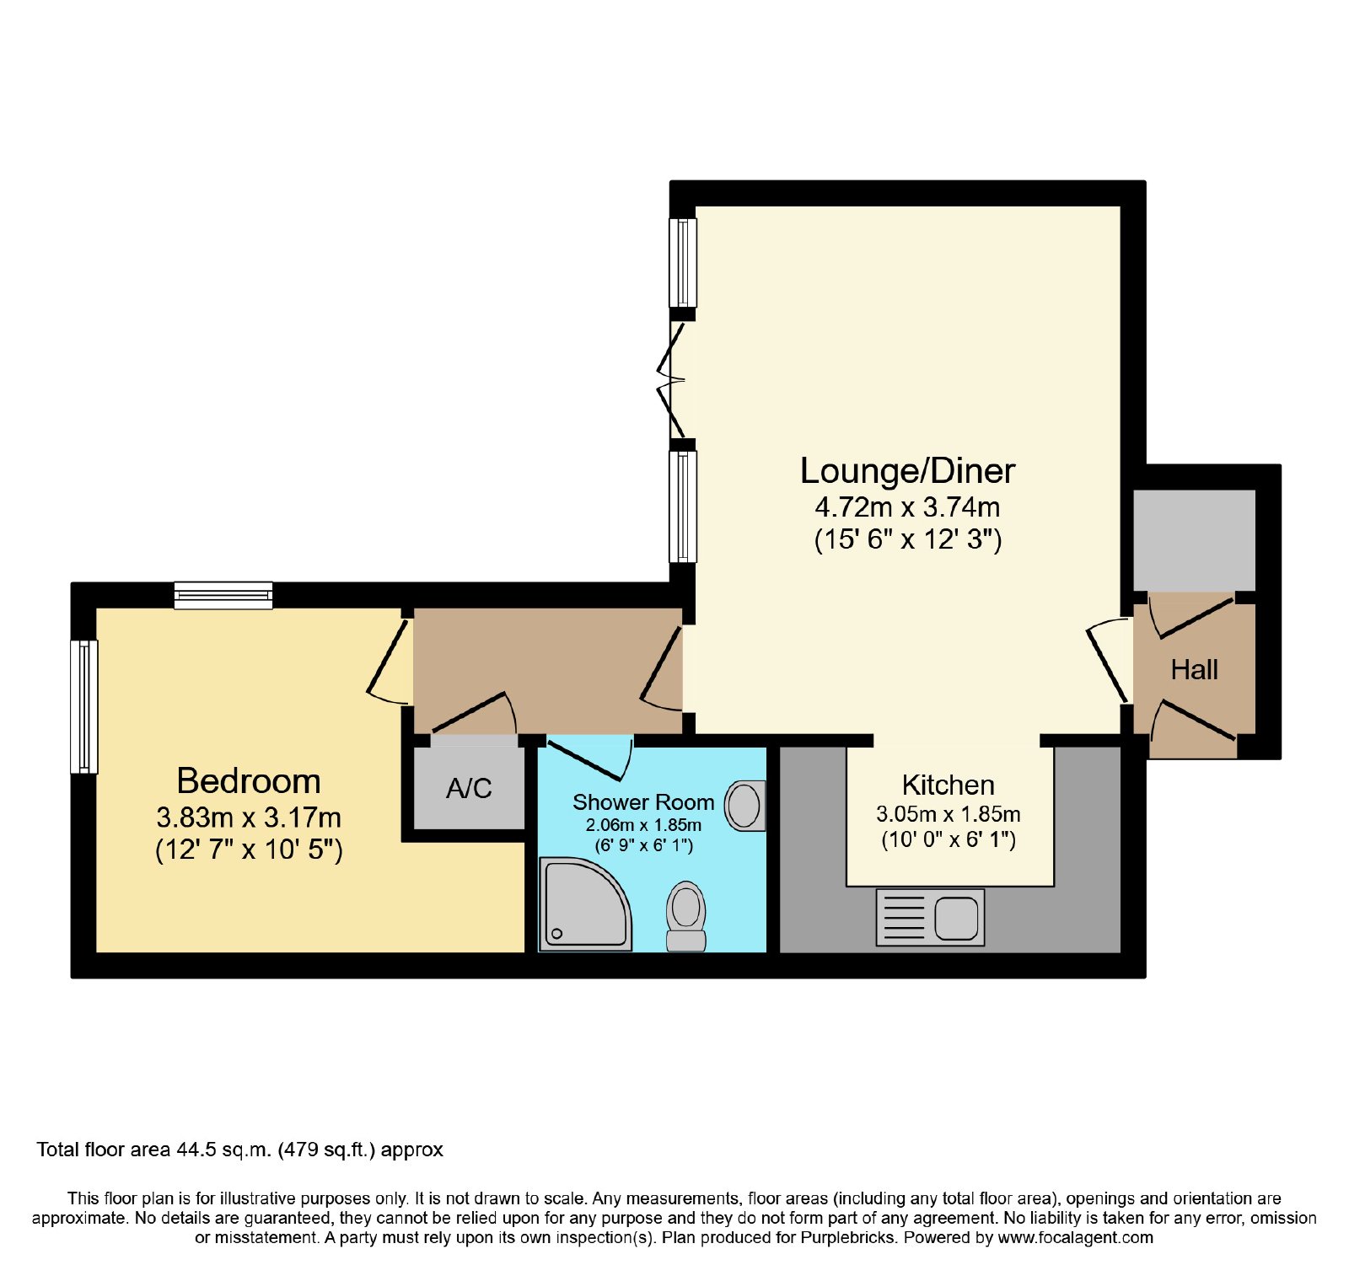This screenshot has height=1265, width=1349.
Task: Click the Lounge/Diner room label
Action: click(907, 471)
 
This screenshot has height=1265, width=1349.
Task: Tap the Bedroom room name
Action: click(249, 781)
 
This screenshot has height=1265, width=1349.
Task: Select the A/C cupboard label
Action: click(469, 789)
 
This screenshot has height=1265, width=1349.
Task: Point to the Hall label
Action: click(1194, 670)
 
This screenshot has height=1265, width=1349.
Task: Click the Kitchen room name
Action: click(949, 785)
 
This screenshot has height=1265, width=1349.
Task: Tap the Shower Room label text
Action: click(643, 802)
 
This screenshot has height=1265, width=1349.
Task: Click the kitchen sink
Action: click(930, 917)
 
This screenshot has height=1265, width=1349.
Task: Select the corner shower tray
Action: click(583, 904)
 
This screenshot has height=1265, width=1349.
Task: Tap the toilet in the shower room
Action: click(686, 916)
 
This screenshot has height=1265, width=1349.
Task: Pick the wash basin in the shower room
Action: click(745, 806)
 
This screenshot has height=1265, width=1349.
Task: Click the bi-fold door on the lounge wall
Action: click(674, 380)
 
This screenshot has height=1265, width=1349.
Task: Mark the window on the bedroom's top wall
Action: click(223, 596)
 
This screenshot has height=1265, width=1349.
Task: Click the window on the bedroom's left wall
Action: click(84, 707)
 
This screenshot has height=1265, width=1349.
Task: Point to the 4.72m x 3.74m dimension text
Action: click(907, 507)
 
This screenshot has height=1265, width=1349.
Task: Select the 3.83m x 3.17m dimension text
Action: click(249, 817)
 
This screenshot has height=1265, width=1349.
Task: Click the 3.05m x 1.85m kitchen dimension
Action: click(949, 814)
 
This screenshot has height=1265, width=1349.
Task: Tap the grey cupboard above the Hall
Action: click(1194, 540)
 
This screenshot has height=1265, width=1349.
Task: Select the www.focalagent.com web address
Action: click(1075, 1238)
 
